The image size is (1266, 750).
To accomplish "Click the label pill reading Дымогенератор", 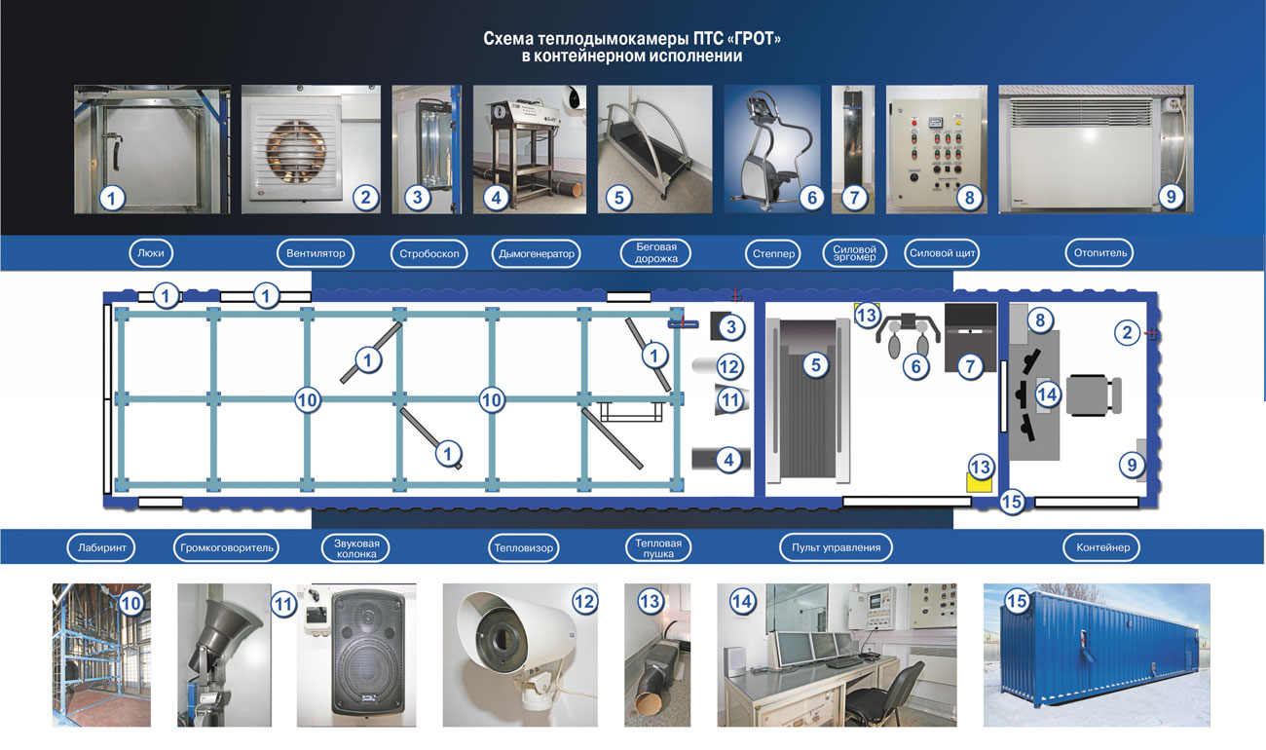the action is tap(537, 253).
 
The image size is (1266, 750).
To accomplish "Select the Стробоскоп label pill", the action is tap(428, 253).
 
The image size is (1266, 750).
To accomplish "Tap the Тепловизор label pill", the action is tap(523, 547).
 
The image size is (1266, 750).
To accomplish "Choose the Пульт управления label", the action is tap(836, 547).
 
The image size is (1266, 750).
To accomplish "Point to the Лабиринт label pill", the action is tap(101, 547).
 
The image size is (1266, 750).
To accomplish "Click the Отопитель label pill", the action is tap(1099, 252).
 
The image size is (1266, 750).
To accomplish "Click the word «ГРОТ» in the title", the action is tap(755, 38).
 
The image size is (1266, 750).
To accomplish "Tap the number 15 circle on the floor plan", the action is tap(1012, 502).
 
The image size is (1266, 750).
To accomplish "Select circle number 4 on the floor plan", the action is tap(729, 460).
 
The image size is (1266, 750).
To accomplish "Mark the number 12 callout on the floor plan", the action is tap(729, 367).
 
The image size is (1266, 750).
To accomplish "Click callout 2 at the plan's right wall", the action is tap(1127, 332).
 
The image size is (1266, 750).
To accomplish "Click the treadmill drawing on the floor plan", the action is tap(808, 400).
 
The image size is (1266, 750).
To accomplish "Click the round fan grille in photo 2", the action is tap(296, 152).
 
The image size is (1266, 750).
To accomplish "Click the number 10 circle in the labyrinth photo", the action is tap(131, 603).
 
